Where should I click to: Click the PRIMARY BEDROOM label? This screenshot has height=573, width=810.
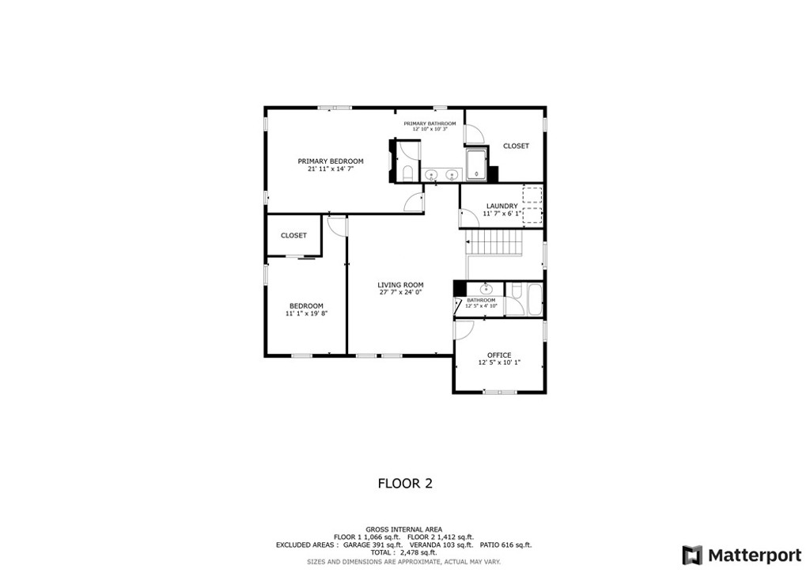point(331,161)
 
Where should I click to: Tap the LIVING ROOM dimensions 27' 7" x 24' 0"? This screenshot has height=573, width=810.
point(400,292)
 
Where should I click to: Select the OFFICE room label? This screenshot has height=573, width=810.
point(499,355)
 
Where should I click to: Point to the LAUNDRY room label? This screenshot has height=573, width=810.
point(502,207)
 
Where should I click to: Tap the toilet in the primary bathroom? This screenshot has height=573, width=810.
point(407,173)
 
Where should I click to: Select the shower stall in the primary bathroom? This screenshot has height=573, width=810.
point(476,165)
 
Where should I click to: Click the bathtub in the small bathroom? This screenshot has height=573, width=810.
point(534,299)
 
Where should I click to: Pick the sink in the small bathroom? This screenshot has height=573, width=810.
point(485,289)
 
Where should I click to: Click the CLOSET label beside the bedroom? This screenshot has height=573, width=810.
point(293,236)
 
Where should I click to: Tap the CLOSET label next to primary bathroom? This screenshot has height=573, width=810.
point(516,146)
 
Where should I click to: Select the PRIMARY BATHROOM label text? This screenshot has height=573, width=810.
point(430,123)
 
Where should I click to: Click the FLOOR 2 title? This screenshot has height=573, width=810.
point(404,483)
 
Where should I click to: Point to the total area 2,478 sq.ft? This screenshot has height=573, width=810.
point(403,552)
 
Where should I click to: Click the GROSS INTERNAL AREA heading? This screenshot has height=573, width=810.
point(403,529)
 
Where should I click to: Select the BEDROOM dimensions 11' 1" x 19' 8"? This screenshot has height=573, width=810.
point(306,313)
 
